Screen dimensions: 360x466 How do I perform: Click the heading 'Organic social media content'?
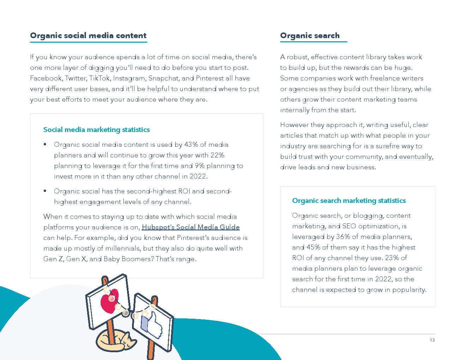pyautogui.click(x=88, y=36)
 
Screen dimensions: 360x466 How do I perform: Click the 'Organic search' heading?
pyautogui.click(x=310, y=36)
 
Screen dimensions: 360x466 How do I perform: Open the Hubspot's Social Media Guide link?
pyautogui.click(x=191, y=227)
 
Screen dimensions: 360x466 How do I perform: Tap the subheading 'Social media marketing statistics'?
pyautogui.click(x=96, y=130)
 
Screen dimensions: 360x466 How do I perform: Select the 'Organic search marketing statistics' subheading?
pyautogui.click(x=349, y=200)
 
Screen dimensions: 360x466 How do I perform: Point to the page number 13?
pyautogui.click(x=432, y=340)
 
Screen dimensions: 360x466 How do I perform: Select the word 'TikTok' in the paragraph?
pyautogui.click(x=100, y=78)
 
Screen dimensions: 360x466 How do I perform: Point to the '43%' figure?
pyautogui.click(x=191, y=145)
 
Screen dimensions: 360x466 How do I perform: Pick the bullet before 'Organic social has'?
pyautogui.click(x=45, y=191)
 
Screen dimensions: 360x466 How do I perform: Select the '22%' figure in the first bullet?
pyautogui.click(x=217, y=155)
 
